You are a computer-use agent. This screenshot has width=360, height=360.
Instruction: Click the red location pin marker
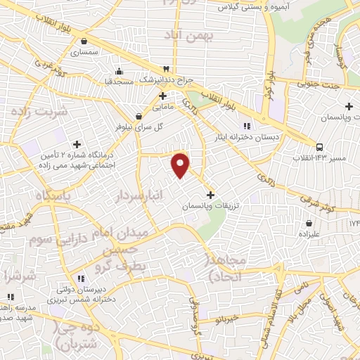pyautogui.click(x=181, y=165)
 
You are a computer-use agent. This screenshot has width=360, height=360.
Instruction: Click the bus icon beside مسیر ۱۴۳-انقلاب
pyautogui.click(x=320, y=147)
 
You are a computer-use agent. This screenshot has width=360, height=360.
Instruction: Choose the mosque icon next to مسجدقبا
pyautogui.click(x=119, y=70)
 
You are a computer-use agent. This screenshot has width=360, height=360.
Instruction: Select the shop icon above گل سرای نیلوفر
pyautogui.click(x=139, y=116)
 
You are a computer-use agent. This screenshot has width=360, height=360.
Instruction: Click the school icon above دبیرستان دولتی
pyautogui.click(x=82, y=276)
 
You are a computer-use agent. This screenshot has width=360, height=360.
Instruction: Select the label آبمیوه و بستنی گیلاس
pyautogui.click(x=233, y=7)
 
